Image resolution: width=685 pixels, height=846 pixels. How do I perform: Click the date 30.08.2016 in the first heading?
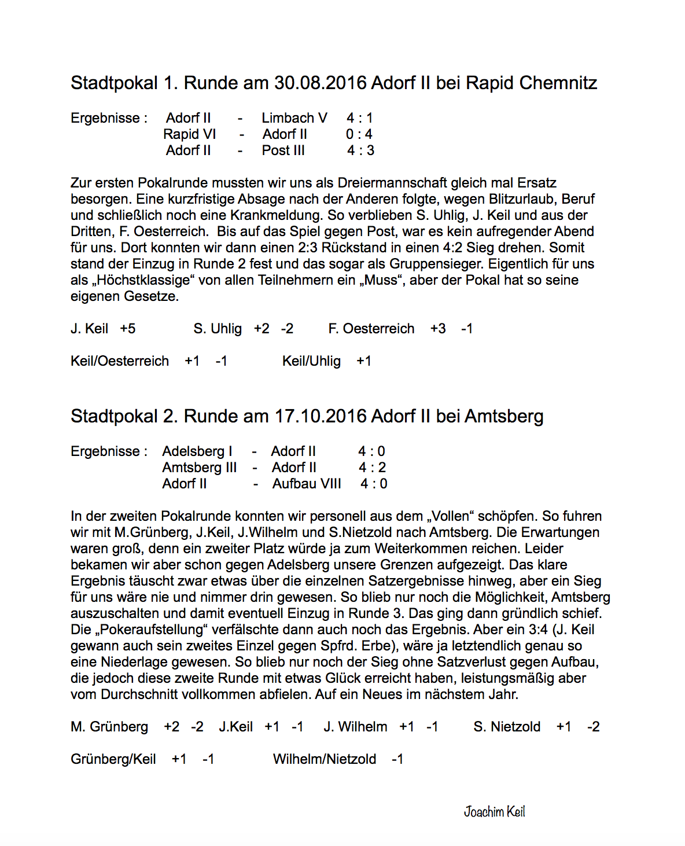pyautogui.click(x=320, y=83)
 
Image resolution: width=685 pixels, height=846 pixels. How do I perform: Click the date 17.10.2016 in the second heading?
pyautogui.click(x=320, y=416)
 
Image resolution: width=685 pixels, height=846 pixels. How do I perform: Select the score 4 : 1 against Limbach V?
pyautogui.click(x=359, y=118)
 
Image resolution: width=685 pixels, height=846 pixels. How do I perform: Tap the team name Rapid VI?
pyautogui.click(x=189, y=134)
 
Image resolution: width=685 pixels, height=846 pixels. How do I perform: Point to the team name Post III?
pyautogui.click(x=283, y=150)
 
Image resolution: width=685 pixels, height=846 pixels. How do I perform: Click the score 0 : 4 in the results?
pyautogui.click(x=359, y=134)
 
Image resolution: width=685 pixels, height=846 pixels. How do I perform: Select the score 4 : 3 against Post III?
pyautogui.click(x=360, y=150)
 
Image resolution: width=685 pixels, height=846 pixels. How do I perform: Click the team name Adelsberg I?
pyautogui.click(x=197, y=451)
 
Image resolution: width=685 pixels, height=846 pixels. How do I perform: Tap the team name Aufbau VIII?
pyautogui.click(x=307, y=484)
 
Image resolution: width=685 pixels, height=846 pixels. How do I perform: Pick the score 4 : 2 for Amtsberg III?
pyautogui.click(x=371, y=468)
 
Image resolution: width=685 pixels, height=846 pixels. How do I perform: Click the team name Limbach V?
pyautogui.click(x=294, y=118)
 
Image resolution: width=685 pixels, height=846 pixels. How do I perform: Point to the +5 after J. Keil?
pyautogui.click(x=127, y=329)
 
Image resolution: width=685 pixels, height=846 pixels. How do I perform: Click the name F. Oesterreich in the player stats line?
pyautogui.click(x=371, y=329)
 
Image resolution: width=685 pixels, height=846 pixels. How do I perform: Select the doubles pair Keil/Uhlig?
pyautogui.click(x=311, y=361)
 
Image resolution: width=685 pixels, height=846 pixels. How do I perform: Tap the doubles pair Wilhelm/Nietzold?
pyautogui.click(x=324, y=759)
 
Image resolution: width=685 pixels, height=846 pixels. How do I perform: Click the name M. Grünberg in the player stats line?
pyautogui.click(x=109, y=727)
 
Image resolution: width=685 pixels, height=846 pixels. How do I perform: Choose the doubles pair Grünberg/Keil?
pyautogui.click(x=113, y=759)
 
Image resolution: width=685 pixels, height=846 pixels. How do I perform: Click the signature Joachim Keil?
pyautogui.click(x=494, y=812)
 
